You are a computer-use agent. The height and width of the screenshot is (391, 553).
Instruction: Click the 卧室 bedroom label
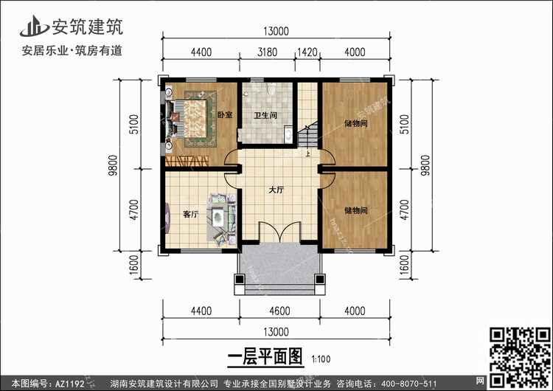(226, 115)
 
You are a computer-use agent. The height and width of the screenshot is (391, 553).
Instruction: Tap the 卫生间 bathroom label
(265, 115)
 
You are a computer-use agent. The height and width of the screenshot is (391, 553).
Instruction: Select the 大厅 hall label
(276, 190)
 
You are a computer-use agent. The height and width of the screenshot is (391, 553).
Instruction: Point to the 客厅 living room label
(191, 215)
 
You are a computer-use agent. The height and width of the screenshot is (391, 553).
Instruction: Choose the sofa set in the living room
(220, 217)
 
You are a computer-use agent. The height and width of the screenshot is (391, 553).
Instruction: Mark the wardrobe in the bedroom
(187, 161)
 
